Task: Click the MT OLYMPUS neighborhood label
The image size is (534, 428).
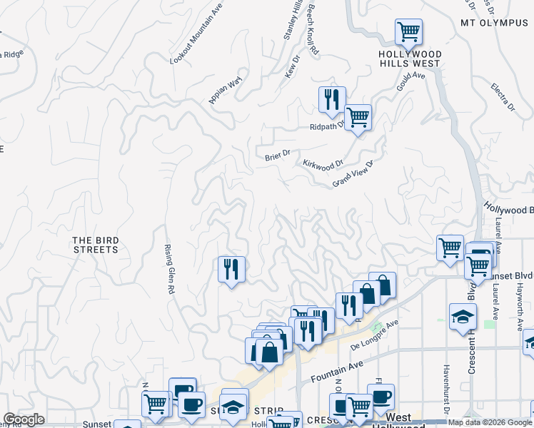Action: click(493, 22)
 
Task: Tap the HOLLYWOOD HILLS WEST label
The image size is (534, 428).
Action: click(410, 58)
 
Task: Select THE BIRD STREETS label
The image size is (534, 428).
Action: click(95, 245)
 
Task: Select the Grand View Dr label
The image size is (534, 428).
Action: click(353, 174)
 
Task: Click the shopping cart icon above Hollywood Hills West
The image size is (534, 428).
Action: click(408, 31)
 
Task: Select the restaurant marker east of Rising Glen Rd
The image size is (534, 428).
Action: click(231, 269)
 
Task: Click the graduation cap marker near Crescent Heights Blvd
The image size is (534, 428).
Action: click(463, 316)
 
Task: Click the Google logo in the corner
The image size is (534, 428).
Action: click(24, 419)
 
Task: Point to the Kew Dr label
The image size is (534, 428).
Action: click(291, 68)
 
